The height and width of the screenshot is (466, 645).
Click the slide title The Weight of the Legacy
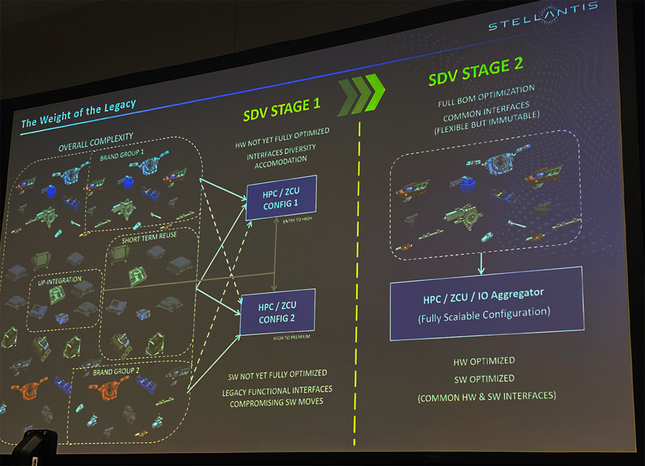click(78, 113)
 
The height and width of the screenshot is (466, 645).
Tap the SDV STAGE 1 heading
click(282, 109)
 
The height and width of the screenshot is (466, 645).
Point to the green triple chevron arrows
click(361, 95)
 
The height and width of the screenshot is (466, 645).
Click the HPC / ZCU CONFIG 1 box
click(281, 198)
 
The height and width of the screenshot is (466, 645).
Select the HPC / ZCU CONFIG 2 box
click(277, 312)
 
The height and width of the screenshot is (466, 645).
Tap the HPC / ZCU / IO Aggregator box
click(486, 303)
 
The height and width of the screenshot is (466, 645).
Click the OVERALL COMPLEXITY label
click(96, 141)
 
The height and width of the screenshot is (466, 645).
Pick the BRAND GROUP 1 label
click(122, 155)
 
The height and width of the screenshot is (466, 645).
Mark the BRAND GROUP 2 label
click(116, 372)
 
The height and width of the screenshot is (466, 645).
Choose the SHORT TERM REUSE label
click(150, 237)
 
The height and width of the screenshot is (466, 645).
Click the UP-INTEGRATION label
click(59, 281)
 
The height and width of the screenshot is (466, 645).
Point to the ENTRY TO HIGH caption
click(297, 220)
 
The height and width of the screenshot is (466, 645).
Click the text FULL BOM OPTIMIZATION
click(486, 96)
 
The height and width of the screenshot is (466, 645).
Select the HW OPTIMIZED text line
click(484, 361)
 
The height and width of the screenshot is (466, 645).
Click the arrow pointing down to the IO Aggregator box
click(481, 264)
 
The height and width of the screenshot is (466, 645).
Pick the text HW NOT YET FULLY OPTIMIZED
click(283, 138)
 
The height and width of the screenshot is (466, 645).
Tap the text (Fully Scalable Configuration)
click(484, 315)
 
